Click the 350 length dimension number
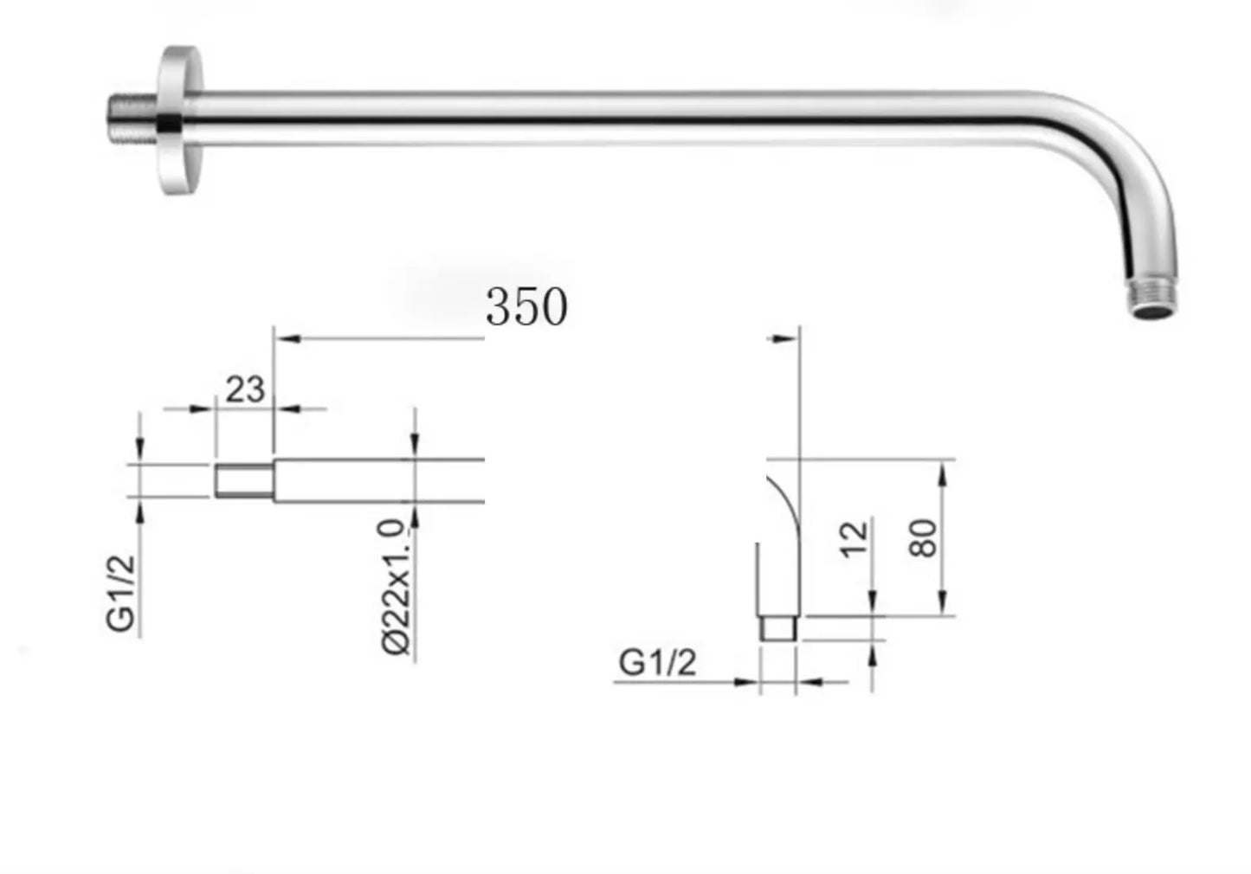(526, 306)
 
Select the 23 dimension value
(245, 389)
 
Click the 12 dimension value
(854, 539)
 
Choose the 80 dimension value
(924, 538)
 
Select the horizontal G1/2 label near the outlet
(657, 663)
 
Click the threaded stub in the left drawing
(244, 481)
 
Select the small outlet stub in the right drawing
(777, 628)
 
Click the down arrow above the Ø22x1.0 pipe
(416, 442)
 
